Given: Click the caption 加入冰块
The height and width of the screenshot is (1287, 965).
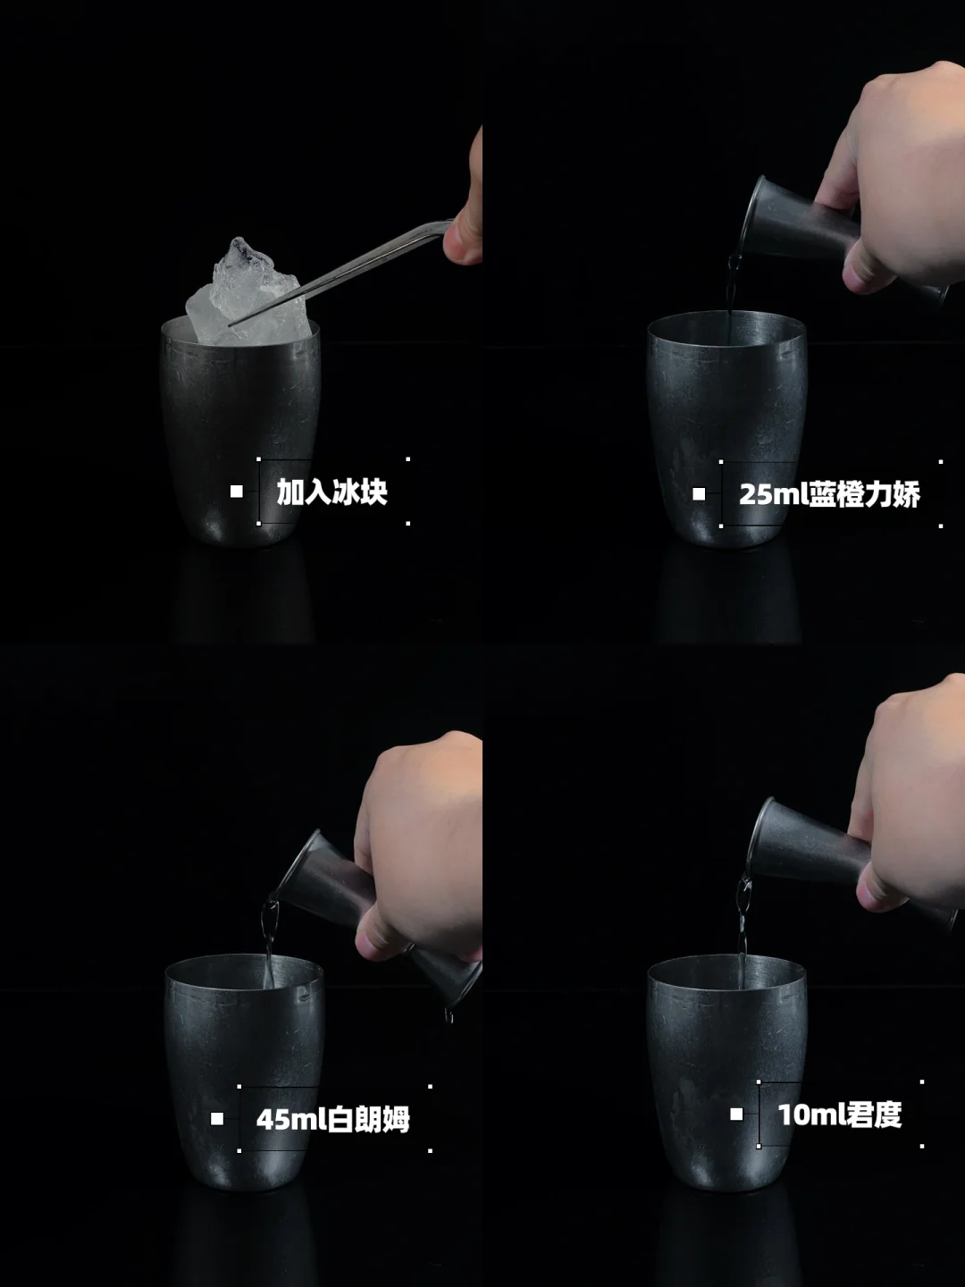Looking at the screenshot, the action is tap(331, 492).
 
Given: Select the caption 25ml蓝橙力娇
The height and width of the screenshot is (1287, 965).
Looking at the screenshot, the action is tap(829, 494).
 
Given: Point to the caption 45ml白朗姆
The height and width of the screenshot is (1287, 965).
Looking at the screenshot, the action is tap(332, 1119).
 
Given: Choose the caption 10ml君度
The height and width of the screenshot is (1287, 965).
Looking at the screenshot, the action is tap(839, 1115).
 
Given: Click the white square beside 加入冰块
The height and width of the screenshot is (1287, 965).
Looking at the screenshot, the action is tap(236, 492).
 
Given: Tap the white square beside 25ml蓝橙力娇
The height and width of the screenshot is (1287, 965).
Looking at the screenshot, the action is tap(699, 494).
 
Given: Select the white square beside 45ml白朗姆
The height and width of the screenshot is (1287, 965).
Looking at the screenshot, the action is tap(217, 1119).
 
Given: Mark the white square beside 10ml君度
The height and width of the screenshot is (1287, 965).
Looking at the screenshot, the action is tap(736, 1114).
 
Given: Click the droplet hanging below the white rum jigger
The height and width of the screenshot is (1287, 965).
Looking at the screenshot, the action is tap(449, 1014).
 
